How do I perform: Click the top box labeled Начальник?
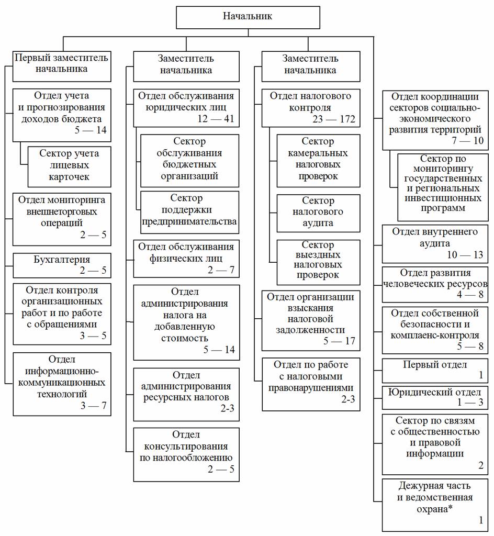pos(248,17)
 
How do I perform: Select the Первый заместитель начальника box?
pos(62,63)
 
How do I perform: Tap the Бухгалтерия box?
pos(62,265)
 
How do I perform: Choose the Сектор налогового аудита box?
pos(318,213)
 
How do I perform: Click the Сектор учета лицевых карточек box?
pos(69,165)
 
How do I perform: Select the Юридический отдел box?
pos(435,398)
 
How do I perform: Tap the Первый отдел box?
pos(435,371)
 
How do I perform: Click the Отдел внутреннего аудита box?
pos(435,243)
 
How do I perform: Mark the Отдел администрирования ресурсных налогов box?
pos(186,394)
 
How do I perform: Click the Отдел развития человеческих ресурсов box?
pos(435,284)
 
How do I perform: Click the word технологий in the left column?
pos(62,393)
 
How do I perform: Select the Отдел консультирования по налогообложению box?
pos(186,454)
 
